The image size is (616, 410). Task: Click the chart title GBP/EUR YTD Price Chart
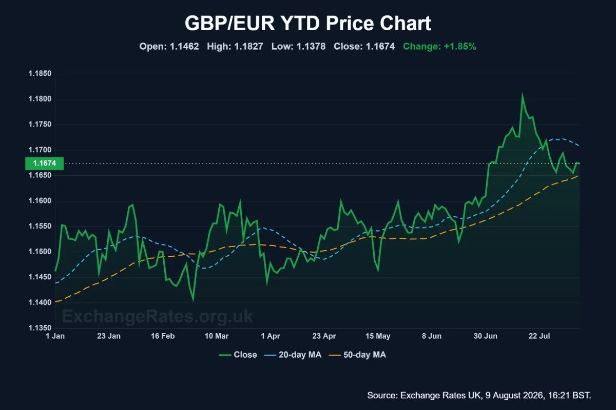(307, 23)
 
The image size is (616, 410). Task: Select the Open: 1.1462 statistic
(169, 47)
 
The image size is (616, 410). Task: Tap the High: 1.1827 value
(235, 47)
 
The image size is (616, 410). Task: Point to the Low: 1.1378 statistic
(298, 47)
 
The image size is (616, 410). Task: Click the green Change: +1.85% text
(439, 47)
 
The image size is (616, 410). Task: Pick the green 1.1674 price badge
(44, 163)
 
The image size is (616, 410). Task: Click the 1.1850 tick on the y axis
(40, 74)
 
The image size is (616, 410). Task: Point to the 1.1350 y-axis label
(40, 328)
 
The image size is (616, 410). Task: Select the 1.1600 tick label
(40, 201)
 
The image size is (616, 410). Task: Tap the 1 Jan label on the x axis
(55, 336)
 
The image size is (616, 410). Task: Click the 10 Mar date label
(217, 336)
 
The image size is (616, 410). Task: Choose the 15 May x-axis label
(378, 336)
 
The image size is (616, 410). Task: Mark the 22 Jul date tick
(540, 336)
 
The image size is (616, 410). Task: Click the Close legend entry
(238, 355)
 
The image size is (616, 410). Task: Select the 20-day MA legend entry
(293, 355)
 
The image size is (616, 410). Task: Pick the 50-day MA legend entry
(357, 355)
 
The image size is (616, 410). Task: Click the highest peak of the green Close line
(522, 95)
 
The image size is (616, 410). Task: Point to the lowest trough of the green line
(194, 300)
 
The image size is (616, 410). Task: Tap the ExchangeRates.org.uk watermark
(157, 316)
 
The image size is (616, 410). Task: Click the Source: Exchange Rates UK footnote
(479, 396)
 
